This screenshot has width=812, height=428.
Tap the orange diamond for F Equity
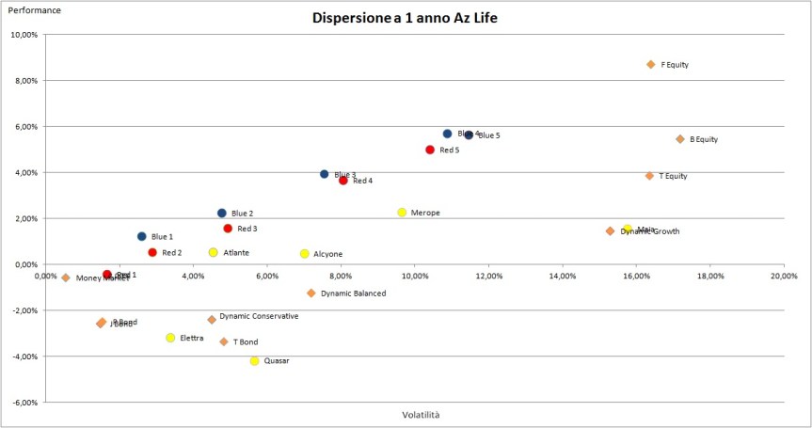(x=650, y=65)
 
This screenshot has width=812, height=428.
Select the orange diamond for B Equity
(x=679, y=139)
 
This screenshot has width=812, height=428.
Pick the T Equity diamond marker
(x=649, y=176)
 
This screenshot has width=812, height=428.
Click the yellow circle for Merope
(x=402, y=213)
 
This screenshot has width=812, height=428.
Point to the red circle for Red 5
(x=430, y=150)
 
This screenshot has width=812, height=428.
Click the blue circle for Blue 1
(x=141, y=237)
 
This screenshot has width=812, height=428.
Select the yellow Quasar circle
(x=254, y=361)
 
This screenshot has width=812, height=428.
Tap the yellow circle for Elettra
(x=170, y=338)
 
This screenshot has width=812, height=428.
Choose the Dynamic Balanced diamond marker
(x=311, y=293)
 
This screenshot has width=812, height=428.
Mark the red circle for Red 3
(x=228, y=229)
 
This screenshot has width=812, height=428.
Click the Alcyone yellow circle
(x=304, y=254)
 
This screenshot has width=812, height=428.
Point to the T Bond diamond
(x=223, y=342)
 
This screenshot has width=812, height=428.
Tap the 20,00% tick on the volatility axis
(x=784, y=277)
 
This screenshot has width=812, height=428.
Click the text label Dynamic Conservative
(x=259, y=317)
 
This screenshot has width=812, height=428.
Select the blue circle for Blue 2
(x=222, y=214)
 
